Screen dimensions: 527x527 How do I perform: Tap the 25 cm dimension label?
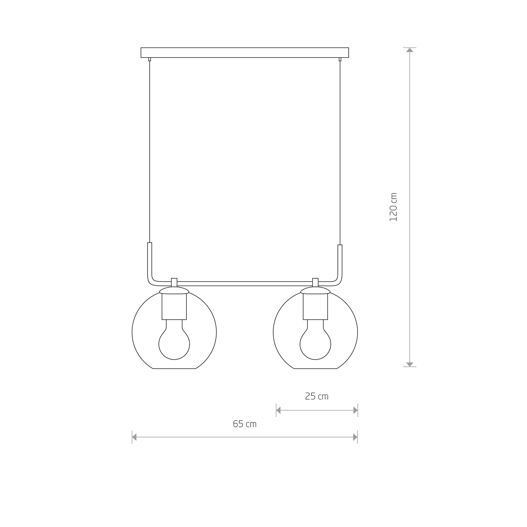pyautogui.click(x=317, y=396)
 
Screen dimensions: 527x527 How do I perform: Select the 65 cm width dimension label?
pyautogui.click(x=245, y=424)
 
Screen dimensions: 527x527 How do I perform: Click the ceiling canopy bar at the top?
pyautogui.click(x=245, y=53)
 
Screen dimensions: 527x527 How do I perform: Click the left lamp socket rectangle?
pyautogui.click(x=174, y=307)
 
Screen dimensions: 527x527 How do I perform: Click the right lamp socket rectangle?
pyautogui.click(x=315, y=307)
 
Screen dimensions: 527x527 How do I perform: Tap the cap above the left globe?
pyautogui.click(x=174, y=290)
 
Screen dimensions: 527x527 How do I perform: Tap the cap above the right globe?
pyautogui.click(x=315, y=290)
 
